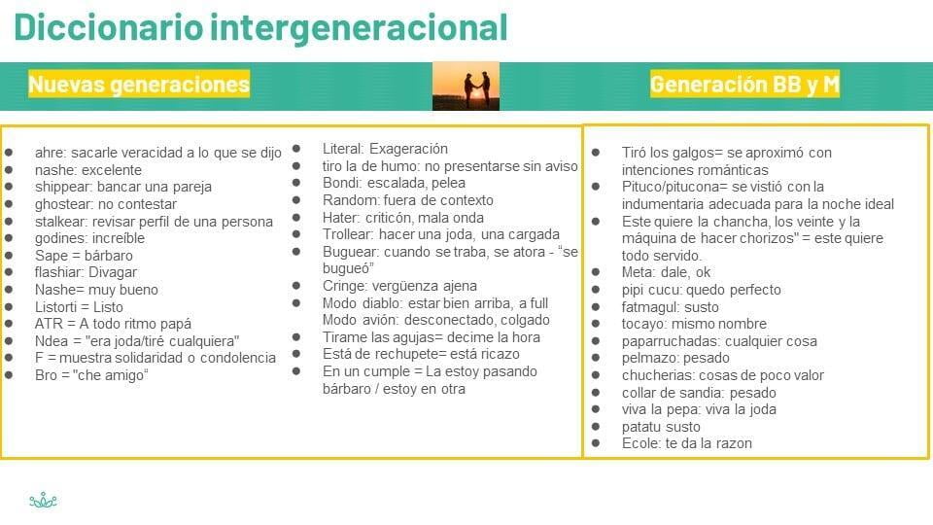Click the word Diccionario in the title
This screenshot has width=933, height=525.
tap(108, 27)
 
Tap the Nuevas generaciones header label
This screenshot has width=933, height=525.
tap(139, 84)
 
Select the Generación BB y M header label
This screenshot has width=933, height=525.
tap(744, 84)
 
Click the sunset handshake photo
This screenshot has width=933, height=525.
tap(466, 86)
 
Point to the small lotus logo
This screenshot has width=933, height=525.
tap(44, 500)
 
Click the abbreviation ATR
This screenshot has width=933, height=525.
tap(47, 324)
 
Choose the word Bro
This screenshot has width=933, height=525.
tap(46, 375)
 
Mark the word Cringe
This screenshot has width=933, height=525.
tap(341, 286)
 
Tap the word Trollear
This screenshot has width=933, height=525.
tap(348, 234)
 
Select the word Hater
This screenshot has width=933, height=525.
tap(340, 218)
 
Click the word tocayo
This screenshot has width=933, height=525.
tap(643, 325)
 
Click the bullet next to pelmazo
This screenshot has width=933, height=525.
tap(596, 358)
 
